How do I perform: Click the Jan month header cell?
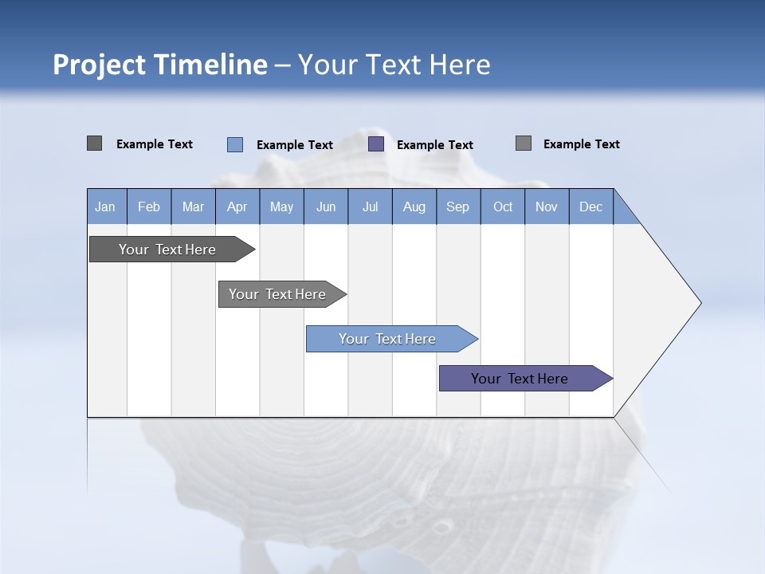[x=105, y=206]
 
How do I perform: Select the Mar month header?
[x=193, y=206]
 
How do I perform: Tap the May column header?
[x=281, y=206]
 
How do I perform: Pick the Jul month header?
[x=370, y=206]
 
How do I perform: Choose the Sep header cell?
[x=457, y=206]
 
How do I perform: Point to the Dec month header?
[x=590, y=206]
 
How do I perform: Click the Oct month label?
[x=503, y=206]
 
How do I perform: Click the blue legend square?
[x=235, y=144]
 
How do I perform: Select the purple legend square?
[x=376, y=144]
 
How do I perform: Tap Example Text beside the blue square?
[x=294, y=145]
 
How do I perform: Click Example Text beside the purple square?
[x=434, y=145]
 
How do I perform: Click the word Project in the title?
[x=99, y=65]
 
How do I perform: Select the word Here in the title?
[x=460, y=65]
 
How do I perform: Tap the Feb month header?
[x=149, y=206]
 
